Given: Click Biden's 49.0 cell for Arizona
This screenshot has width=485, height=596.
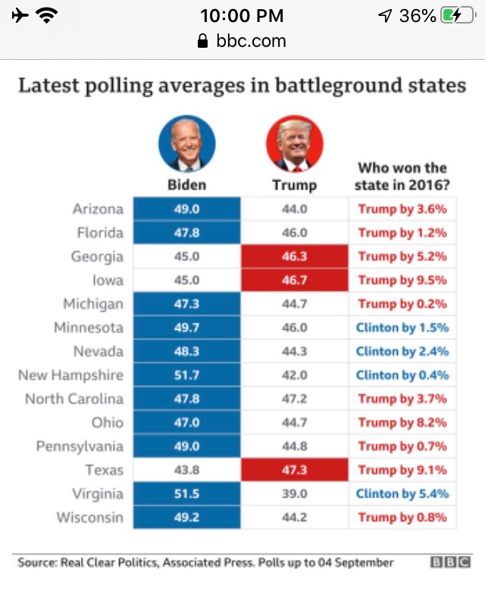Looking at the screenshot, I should tap(186, 209).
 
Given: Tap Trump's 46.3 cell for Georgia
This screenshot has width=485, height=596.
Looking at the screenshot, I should tap(294, 256).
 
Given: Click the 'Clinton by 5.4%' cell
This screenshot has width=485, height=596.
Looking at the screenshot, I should tap(403, 494).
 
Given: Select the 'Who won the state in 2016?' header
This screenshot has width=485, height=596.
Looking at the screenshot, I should tap(402, 176).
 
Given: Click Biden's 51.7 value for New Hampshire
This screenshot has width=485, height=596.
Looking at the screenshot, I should tap(186, 375).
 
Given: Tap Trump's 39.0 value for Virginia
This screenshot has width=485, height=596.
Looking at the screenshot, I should tap(294, 494).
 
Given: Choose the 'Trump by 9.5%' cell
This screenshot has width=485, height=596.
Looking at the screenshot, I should tap(403, 280).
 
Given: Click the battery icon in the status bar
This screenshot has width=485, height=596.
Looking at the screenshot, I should tap(457, 15).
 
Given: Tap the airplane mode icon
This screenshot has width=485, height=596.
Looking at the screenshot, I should tap(20, 15).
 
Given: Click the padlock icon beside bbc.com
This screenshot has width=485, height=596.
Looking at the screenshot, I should tap(202, 41).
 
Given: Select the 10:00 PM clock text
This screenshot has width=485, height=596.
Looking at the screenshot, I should tap(242, 15).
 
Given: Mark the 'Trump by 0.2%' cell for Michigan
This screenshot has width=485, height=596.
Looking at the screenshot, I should tap(403, 304).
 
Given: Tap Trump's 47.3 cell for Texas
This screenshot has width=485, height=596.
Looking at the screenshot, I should tap(294, 470).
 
